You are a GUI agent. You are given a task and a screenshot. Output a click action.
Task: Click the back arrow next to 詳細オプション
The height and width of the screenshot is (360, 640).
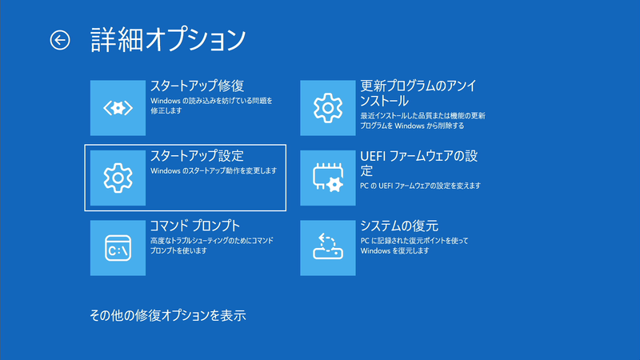point(60,39)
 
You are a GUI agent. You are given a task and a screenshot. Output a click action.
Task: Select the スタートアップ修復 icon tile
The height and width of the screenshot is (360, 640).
point(118,107)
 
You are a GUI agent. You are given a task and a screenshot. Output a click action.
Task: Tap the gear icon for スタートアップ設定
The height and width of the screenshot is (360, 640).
point(118,178)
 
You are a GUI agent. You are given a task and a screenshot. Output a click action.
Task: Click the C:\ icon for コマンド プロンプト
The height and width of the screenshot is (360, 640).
point(118,248)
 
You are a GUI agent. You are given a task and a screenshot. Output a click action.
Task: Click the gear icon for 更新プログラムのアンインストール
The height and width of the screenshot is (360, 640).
point(327,107)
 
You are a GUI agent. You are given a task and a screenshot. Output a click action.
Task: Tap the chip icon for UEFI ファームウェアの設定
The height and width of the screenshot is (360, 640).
point(327,178)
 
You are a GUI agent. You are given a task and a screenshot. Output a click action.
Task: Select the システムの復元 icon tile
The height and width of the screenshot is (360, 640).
point(327,248)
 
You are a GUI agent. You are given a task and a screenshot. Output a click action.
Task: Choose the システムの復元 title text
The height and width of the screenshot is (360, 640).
point(399,226)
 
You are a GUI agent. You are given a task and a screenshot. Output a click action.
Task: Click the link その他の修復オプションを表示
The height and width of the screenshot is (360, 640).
point(167,315)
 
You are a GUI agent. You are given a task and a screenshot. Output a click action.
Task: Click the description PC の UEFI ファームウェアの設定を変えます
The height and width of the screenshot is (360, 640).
point(420,186)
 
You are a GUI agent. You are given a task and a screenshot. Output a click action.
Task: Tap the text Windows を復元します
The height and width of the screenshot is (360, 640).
point(395,250)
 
